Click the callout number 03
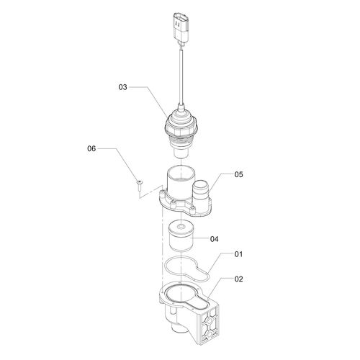(122, 87)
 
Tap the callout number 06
(91, 148)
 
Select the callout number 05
(238, 174)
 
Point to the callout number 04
(215, 239)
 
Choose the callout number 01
(238, 254)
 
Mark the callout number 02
(238, 279)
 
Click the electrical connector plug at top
(181, 30)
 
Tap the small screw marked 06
(139, 186)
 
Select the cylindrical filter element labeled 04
(181, 236)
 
